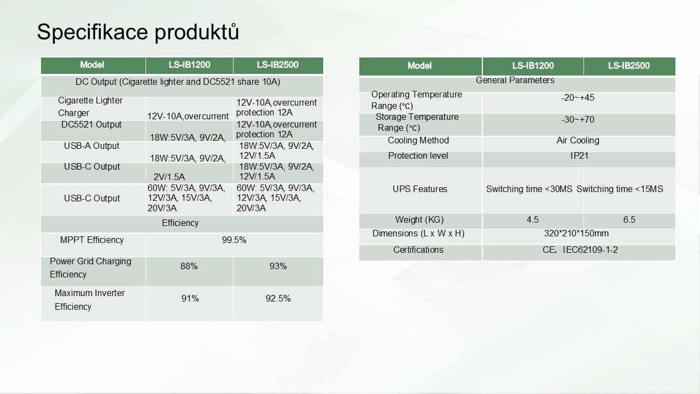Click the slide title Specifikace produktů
(138, 32)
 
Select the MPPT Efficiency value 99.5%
(234, 240)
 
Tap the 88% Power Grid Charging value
(189, 266)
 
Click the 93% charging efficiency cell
(278, 266)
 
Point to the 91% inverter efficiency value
(190, 298)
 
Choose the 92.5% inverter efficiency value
(278, 298)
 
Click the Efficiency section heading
(180, 223)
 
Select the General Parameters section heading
(515, 80)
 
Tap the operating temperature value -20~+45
(578, 97)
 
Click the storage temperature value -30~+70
(578, 119)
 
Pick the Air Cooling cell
(578, 141)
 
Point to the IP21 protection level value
(579, 156)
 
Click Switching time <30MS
(529, 189)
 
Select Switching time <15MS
(620, 189)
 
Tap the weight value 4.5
(533, 219)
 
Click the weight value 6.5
(629, 219)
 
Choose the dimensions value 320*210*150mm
(576, 233)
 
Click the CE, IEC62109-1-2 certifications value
(580, 250)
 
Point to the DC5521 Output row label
(91, 124)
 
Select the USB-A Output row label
(91, 146)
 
